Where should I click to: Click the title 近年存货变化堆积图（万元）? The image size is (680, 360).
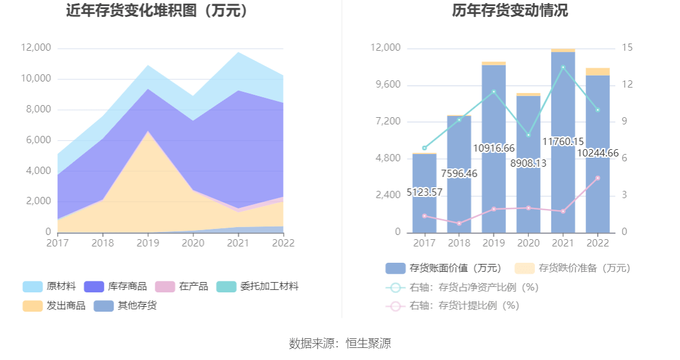[158, 11]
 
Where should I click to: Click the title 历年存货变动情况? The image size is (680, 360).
[510, 11]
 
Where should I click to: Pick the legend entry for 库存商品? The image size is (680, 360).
[115, 286]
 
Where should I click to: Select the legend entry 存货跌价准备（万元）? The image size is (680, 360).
[572, 268]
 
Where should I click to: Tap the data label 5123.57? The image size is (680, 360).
[424, 193]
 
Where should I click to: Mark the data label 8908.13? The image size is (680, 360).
[528, 163]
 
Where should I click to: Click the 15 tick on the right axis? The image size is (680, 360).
[627, 48]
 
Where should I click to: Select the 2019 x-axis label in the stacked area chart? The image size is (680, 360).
[147, 243]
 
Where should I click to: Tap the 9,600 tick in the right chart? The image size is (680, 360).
[386, 85]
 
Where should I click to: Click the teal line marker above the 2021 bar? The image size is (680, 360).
[563, 67]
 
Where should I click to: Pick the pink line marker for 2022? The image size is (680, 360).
[598, 178]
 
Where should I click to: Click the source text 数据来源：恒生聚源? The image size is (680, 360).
[340, 344]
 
